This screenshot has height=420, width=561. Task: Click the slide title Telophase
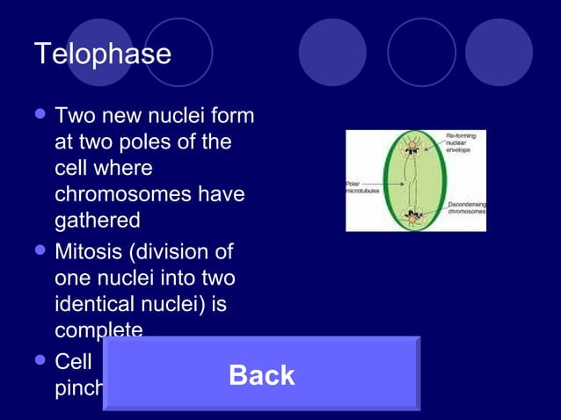[x=102, y=54]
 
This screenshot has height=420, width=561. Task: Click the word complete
[x=98, y=330]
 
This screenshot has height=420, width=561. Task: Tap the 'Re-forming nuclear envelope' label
[x=464, y=144]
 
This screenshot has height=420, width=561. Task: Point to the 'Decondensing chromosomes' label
[x=467, y=208]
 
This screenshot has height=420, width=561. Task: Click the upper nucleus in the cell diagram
[x=412, y=147]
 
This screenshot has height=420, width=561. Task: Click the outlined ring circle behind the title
[x=178, y=52]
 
